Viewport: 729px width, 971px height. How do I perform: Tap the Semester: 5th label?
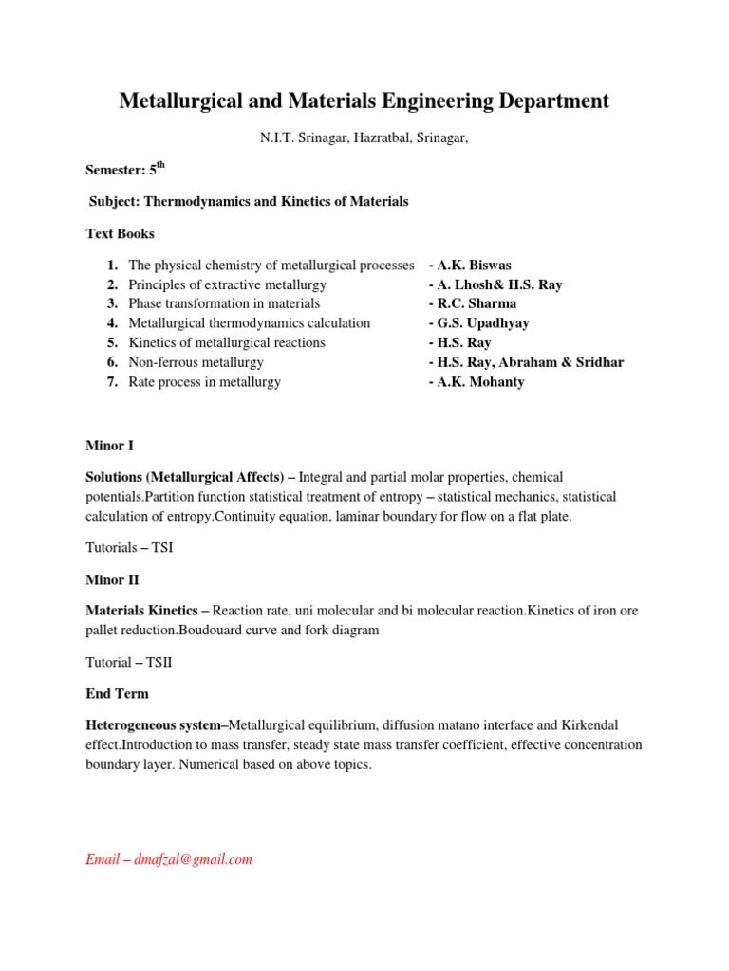125,170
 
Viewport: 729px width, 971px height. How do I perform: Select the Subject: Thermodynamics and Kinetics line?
249,202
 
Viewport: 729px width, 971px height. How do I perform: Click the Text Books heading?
120,233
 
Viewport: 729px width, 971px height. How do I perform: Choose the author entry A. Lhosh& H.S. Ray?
495,284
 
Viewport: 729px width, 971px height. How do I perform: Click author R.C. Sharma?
473,304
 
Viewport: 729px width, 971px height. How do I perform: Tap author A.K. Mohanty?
477,382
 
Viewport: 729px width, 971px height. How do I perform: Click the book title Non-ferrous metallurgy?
196,362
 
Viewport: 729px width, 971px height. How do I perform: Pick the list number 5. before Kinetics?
112,343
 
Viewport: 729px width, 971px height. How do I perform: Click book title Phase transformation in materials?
224,304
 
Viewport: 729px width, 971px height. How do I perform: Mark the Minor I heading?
110,445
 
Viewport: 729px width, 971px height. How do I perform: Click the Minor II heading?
112,579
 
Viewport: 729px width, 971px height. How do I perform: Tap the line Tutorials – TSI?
129,548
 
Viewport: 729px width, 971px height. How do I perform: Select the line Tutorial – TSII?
129,662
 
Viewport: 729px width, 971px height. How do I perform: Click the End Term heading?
117,693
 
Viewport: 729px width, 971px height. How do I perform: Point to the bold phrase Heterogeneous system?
157,725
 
